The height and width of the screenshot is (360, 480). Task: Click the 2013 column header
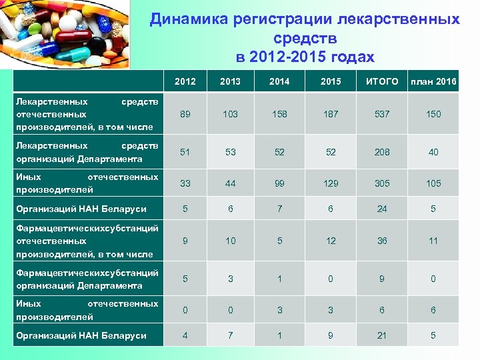[230, 82]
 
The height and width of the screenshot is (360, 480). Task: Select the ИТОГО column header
[382, 82]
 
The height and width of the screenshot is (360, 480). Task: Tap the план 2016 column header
[433, 82]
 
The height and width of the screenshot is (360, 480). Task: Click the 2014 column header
[279, 82]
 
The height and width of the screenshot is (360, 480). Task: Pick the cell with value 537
[382, 114]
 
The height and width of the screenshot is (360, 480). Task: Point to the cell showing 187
[331, 114]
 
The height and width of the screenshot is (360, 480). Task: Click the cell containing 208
[382, 152]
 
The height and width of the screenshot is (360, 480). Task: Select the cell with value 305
[382, 183]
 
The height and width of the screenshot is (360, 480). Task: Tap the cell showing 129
[331, 183]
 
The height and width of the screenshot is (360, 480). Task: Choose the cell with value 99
[279, 183]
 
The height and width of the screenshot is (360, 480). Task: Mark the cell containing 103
[230, 114]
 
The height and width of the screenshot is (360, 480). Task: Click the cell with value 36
[382, 241]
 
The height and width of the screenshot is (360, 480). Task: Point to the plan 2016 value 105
[433, 183]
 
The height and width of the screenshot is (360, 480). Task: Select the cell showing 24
[382, 209]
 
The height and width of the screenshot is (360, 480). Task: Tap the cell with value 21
[382, 335]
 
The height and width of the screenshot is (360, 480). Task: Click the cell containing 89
[185, 114]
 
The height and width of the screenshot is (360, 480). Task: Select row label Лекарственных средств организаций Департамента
[87, 152]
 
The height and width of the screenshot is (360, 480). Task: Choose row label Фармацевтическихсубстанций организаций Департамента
[87, 279]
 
